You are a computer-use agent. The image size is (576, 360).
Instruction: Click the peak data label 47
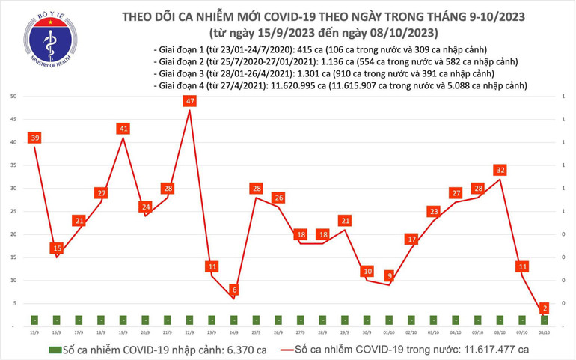[x=190, y=100]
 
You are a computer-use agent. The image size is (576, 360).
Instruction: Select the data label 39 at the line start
[x=35, y=137]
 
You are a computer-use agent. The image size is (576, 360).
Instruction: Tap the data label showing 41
[x=124, y=128]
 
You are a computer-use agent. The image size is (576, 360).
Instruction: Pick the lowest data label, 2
[x=545, y=308]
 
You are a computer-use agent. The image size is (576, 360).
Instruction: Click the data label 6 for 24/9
[x=234, y=290]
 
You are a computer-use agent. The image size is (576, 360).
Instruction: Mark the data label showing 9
[x=389, y=275]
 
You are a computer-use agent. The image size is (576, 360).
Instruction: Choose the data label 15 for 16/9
[x=57, y=248]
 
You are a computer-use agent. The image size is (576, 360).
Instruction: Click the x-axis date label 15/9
[x=35, y=332]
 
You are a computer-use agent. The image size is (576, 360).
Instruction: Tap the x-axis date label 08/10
[x=545, y=332]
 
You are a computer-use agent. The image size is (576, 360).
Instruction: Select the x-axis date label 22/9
[x=190, y=332]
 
